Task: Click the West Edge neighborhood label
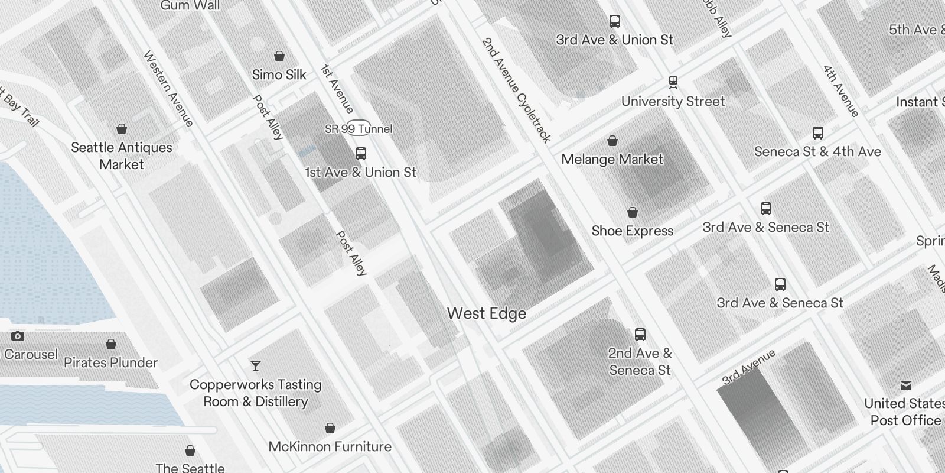pyautogui.click(x=486, y=313)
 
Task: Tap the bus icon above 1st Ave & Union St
pyautogui.click(x=361, y=154)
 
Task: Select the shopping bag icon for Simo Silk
pyautogui.click(x=279, y=57)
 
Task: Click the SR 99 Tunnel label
pyautogui.click(x=359, y=129)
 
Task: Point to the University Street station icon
pyautogui.click(x=673, y=82)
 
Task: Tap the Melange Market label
pyautogui.click(x=612, y=160)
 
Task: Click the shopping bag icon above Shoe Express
pyautogui.click(x=633, y=212)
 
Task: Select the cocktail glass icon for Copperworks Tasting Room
pyautogui.click(x=256, y=366)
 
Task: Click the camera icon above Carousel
pyautogui.click(x=18, y=336)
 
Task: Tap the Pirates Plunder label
pyautogui.click(x=110, y=362)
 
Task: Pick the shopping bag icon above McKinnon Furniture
pyautogui.click(x=330, y=428)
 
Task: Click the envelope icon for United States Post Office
pyautogui.click(x=905, y=386)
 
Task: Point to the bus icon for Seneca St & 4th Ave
pyautogui.click(x=818, y=133)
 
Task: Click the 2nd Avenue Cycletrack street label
pyautogui.click(x=516, y=90)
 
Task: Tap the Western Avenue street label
pyautogui.click(x=168, y=89)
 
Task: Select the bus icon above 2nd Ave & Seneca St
pyautogui.click(x=640, y=335)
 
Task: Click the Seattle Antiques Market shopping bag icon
pyautogui.click(x=122, y=129)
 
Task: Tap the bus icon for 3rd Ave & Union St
pyautogui.click(x=615, y=21)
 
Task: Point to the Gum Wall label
pyautogui.click(x=190, y=6)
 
